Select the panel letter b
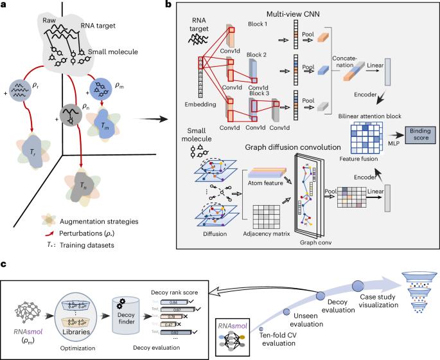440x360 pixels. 168,5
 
